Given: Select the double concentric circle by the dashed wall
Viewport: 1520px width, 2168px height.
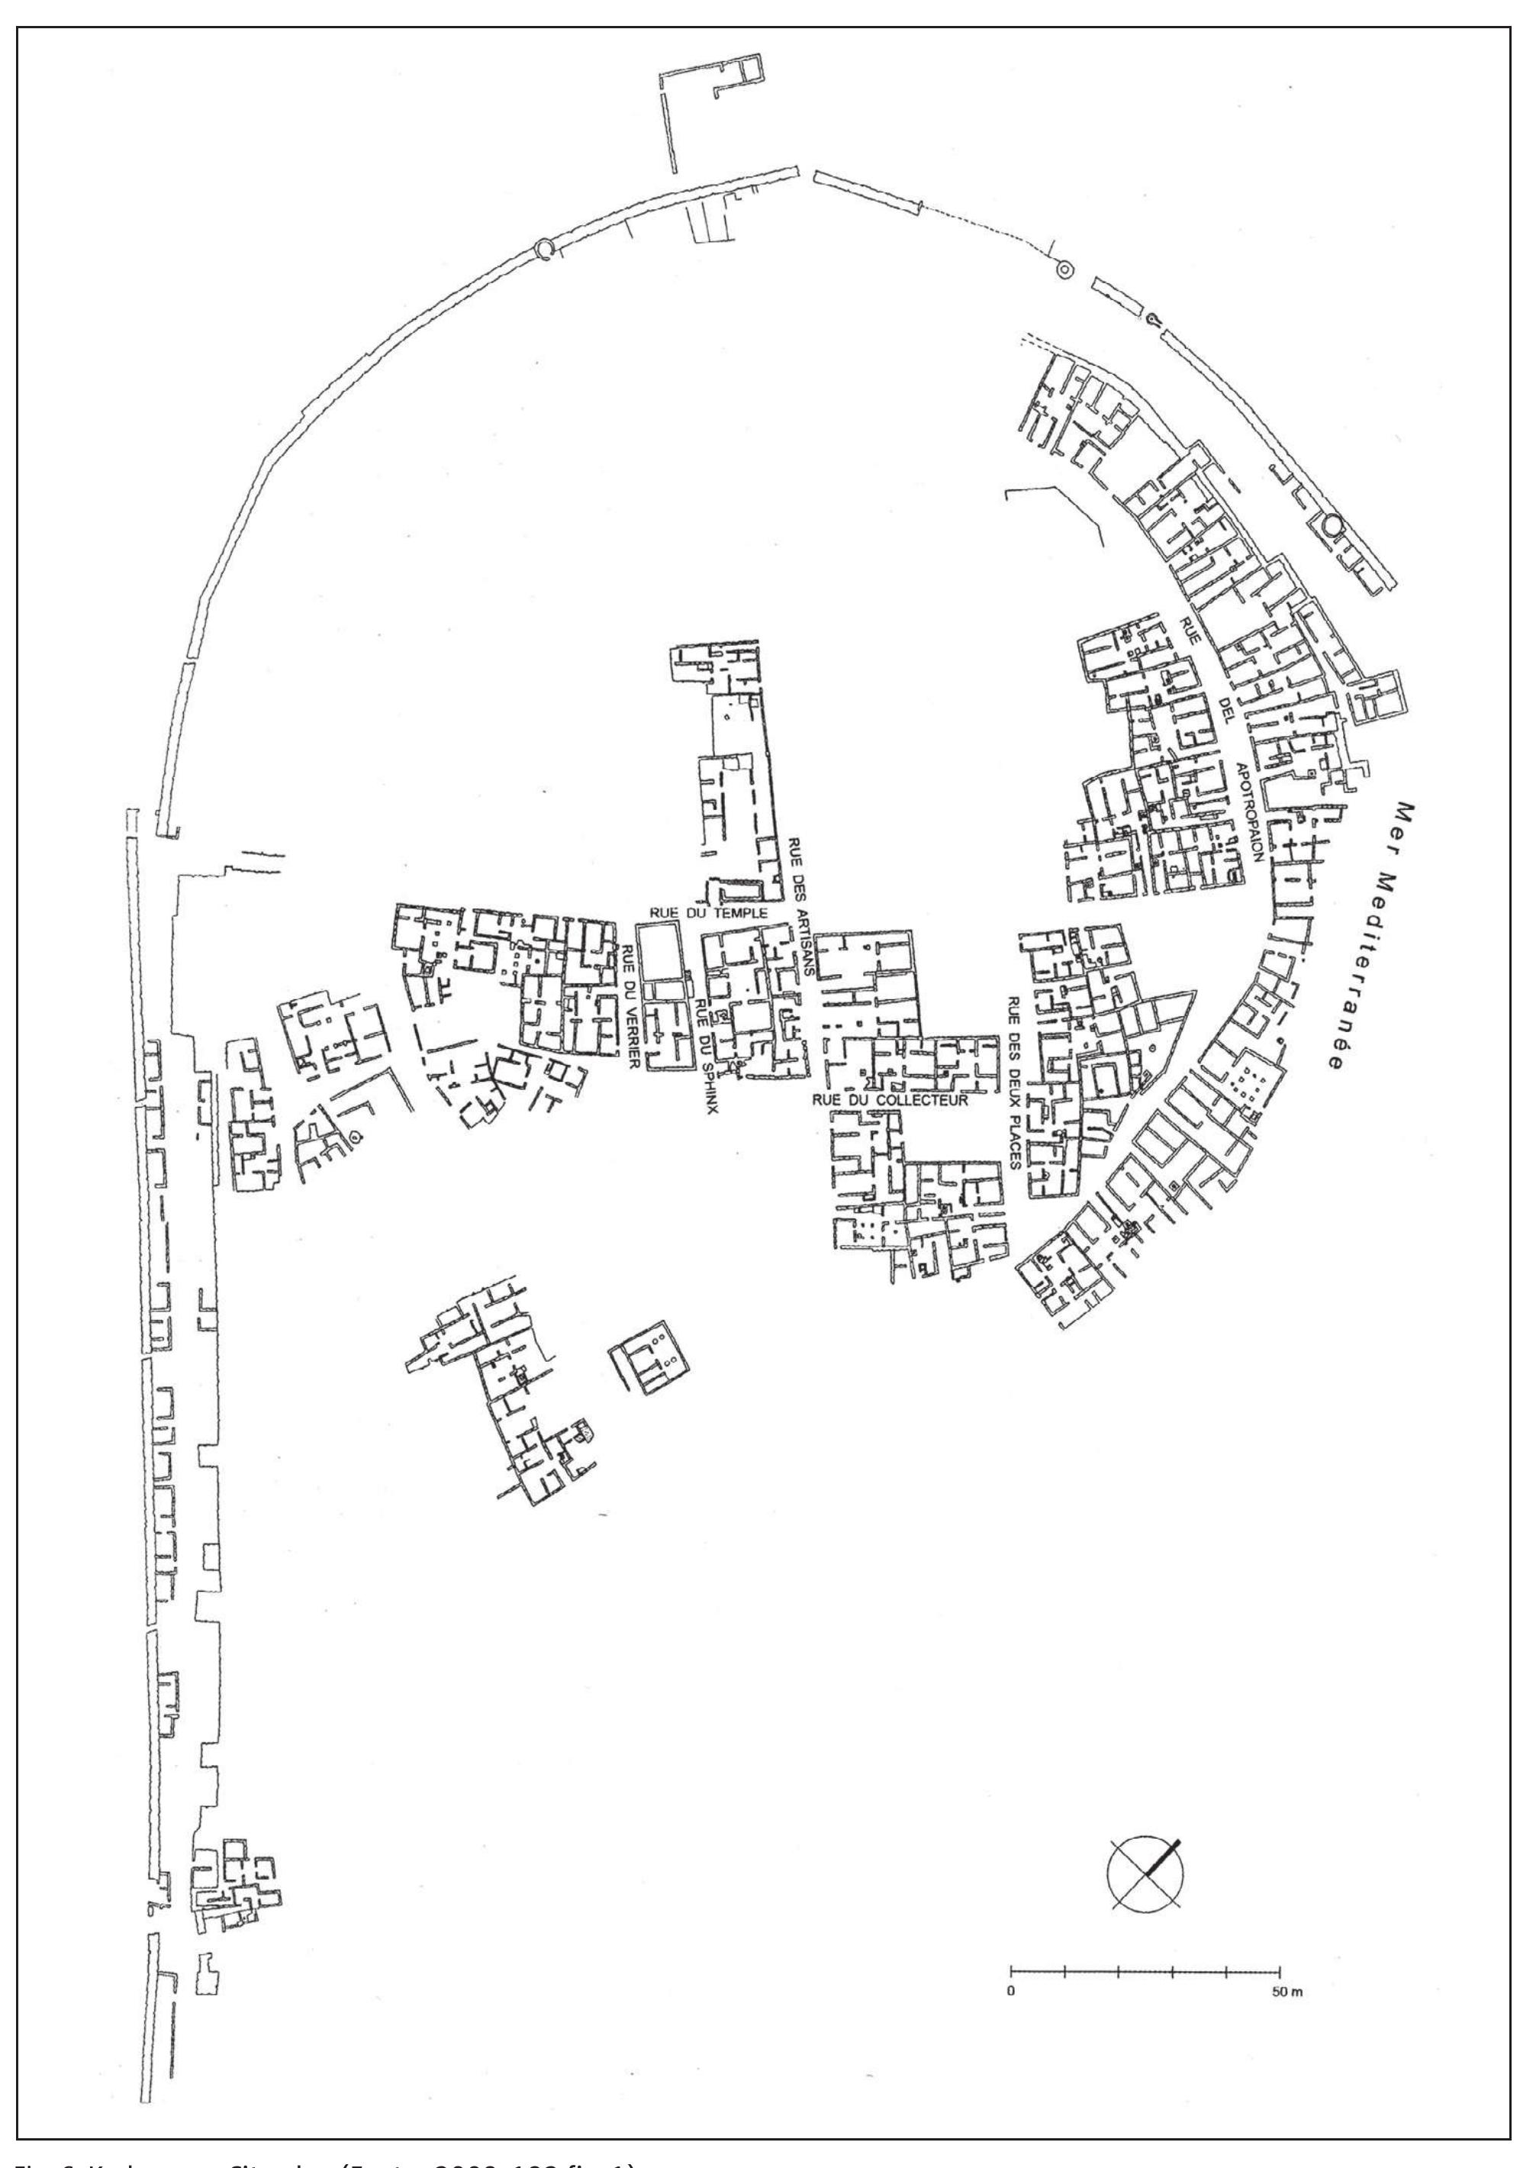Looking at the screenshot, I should [1064, 269].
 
